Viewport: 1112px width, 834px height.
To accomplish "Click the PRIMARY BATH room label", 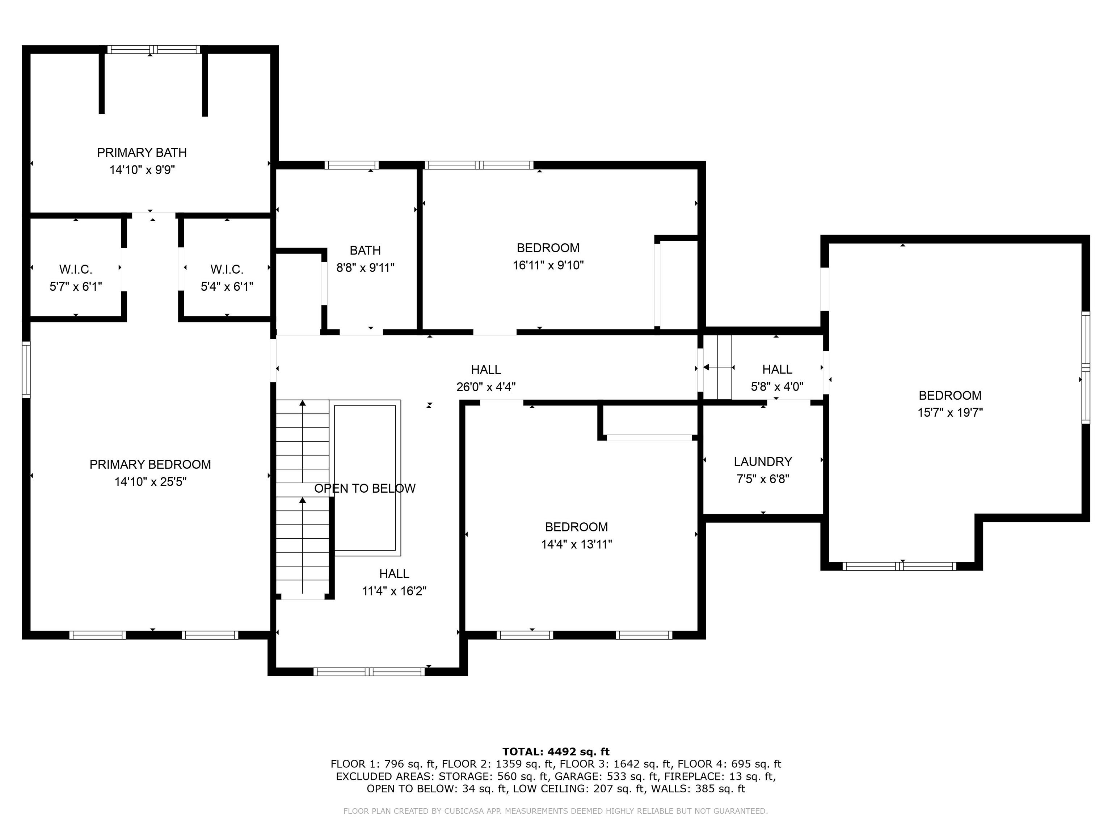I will click(x=142, y=152).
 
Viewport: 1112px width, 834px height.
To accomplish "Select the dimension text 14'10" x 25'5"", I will click(x=150, y=481).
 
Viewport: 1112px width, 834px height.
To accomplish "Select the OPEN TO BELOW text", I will click(x=365, y=488).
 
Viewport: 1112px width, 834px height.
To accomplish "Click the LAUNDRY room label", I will click(x=763, y=462).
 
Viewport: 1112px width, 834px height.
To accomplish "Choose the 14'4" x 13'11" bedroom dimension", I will click(x=576, y=544).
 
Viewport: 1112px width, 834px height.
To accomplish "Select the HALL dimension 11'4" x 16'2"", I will click(x=394, y=591).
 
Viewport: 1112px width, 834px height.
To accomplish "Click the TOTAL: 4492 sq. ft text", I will click(x=556, y=751).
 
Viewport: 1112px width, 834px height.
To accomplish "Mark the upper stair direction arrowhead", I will click(x=302, y=403).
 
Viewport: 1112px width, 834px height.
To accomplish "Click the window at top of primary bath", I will click(x=153, y=49).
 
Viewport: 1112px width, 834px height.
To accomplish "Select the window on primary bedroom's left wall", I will click(x=26, y=370).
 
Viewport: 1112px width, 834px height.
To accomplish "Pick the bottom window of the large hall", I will click(x=369, y=671).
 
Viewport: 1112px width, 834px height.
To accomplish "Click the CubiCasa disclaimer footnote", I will click(x=556, y=811).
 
